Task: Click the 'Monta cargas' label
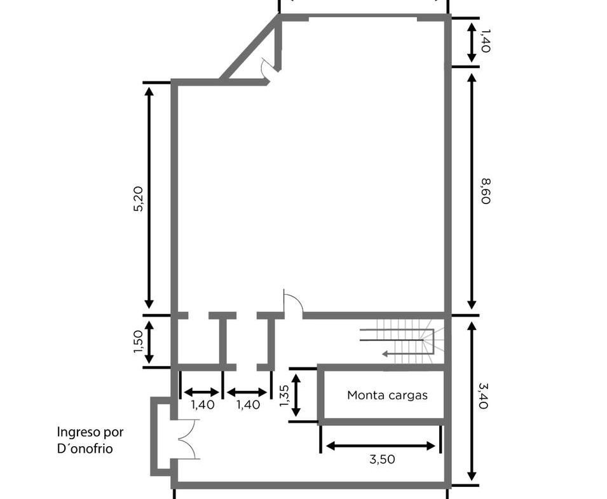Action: tap(387, 395)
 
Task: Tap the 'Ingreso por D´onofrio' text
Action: tap(90, 440)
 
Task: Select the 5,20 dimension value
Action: tap(138, 199)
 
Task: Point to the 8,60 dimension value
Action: tap(486, 191)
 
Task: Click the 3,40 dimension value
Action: tap(484, 395)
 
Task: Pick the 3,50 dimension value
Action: tap(382, 460)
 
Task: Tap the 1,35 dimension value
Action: tap(284, 395)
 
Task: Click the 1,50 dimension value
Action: tap(138, 341)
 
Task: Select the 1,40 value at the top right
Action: tap(486, 41)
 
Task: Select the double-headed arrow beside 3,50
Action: tap(381, 446)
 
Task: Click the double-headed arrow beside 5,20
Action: tap(149, 198)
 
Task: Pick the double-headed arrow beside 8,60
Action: tap(472, 191)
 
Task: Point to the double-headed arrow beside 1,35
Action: tap(296, 395)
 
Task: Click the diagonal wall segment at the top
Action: tap(250, 47)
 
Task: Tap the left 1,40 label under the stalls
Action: tap(203, 405)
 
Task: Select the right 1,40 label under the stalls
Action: tap(248, 405)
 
